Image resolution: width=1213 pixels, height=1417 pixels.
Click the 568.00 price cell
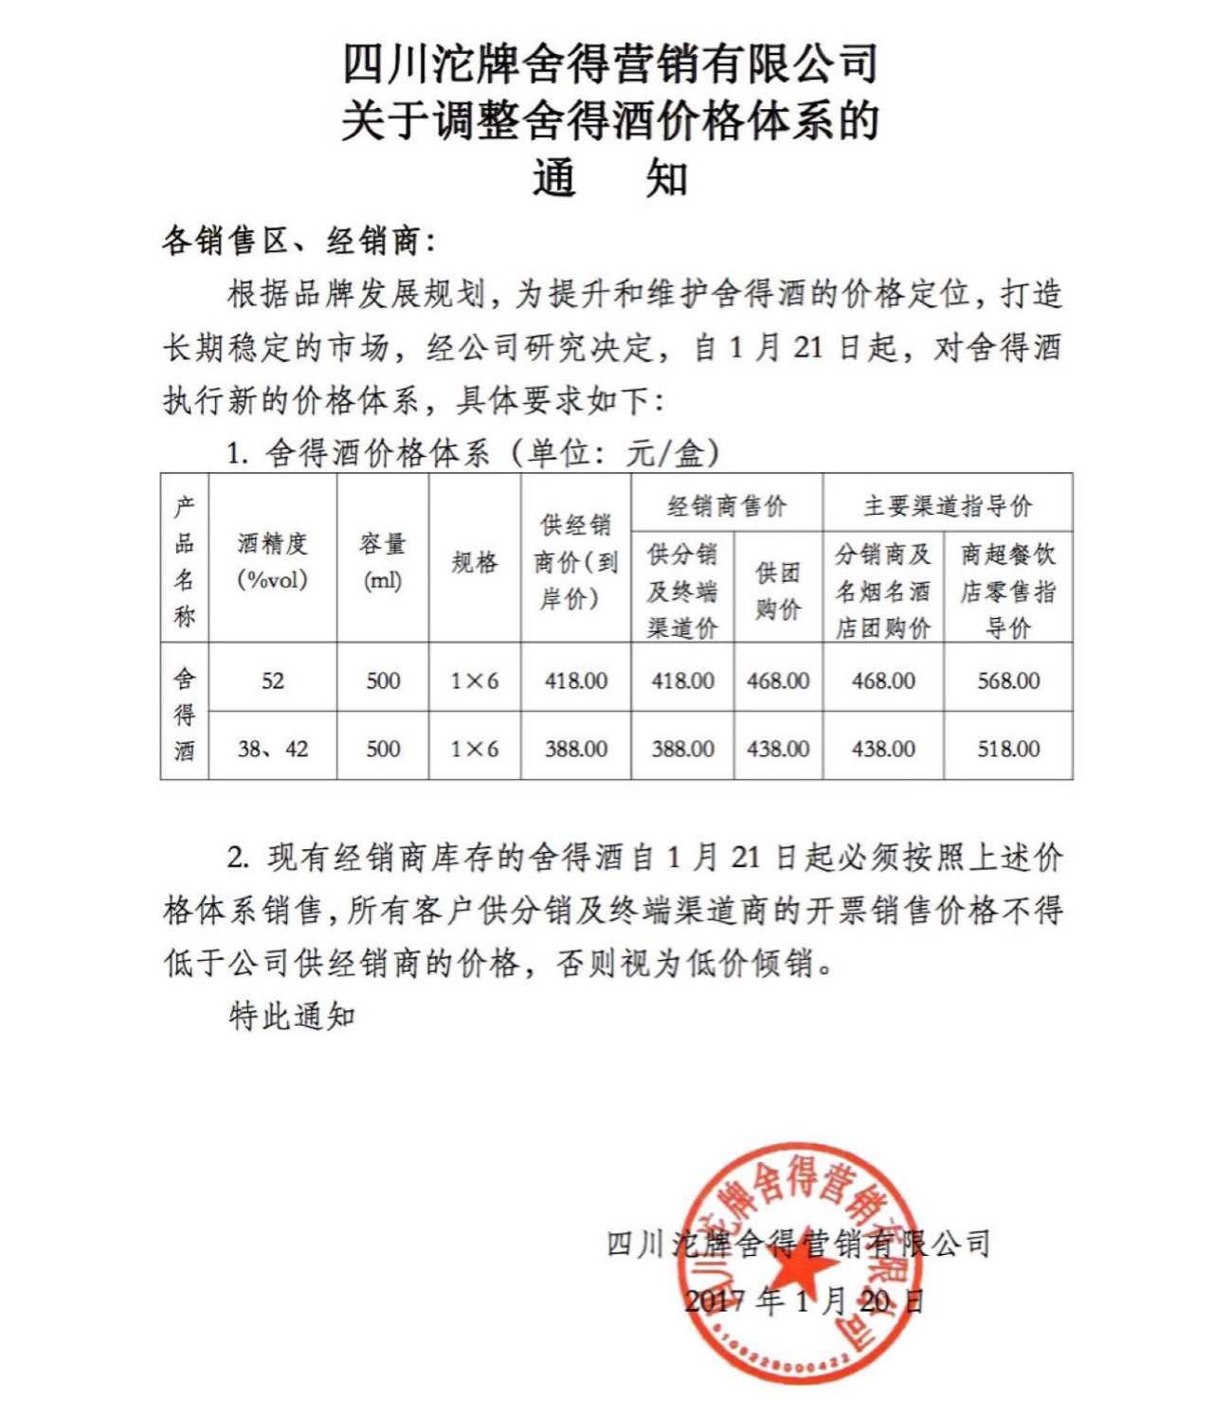pos(1008,681)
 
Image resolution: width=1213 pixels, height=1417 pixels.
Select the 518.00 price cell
pos(1008,749)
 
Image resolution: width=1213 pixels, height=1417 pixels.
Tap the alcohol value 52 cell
pos(273,681)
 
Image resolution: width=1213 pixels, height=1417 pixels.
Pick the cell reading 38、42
pos(273,749)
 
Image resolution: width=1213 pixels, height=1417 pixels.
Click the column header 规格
pos(475,562)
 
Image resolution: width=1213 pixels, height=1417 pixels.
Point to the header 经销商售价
pos(727,506)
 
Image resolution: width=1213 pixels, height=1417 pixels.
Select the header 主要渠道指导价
pos(948,506)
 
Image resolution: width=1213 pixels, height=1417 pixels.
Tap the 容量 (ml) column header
pos(383,562)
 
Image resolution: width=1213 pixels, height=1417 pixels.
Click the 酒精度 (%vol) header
pos(273,562)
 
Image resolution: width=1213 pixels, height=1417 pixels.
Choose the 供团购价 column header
pos(778,590)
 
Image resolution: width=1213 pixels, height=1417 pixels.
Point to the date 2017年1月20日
pos(804,1299)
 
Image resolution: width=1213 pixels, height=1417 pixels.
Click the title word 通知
pos(610,178)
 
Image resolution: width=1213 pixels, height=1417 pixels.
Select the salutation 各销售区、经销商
pos(299,241)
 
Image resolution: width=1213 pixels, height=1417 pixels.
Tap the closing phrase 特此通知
pos(292,1015)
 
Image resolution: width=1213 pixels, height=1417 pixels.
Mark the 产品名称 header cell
pos(185,562)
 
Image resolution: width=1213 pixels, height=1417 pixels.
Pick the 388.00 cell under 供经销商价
pos(576,749)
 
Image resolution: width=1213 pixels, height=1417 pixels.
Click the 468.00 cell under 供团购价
pos(778,681)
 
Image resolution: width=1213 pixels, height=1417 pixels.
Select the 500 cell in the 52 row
pos(383,681)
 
